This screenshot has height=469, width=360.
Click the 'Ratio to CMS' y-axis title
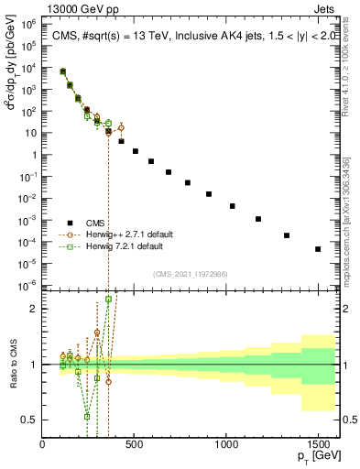tap(12, 365)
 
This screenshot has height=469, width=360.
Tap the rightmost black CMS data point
tap(318, 248)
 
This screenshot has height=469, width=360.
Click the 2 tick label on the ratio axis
tap(36, 309)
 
